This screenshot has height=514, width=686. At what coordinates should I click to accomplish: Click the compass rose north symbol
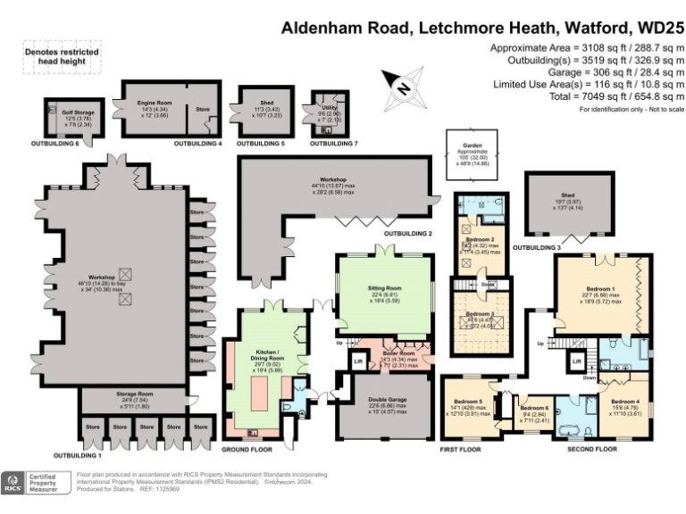click(403, 87)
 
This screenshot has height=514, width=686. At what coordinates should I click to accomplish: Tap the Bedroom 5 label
click(468, 402)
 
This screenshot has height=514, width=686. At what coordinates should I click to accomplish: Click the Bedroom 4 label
click(624, 402)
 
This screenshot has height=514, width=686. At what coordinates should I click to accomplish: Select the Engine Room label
click(154, 104)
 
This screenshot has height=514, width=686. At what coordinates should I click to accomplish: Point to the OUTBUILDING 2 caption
click(407, 234)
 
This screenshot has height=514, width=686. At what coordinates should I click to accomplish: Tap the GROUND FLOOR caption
click(247, 449)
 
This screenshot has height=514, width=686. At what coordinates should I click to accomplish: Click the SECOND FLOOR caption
click(592, 449)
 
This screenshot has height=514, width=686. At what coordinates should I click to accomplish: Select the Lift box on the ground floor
click(359, 361)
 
